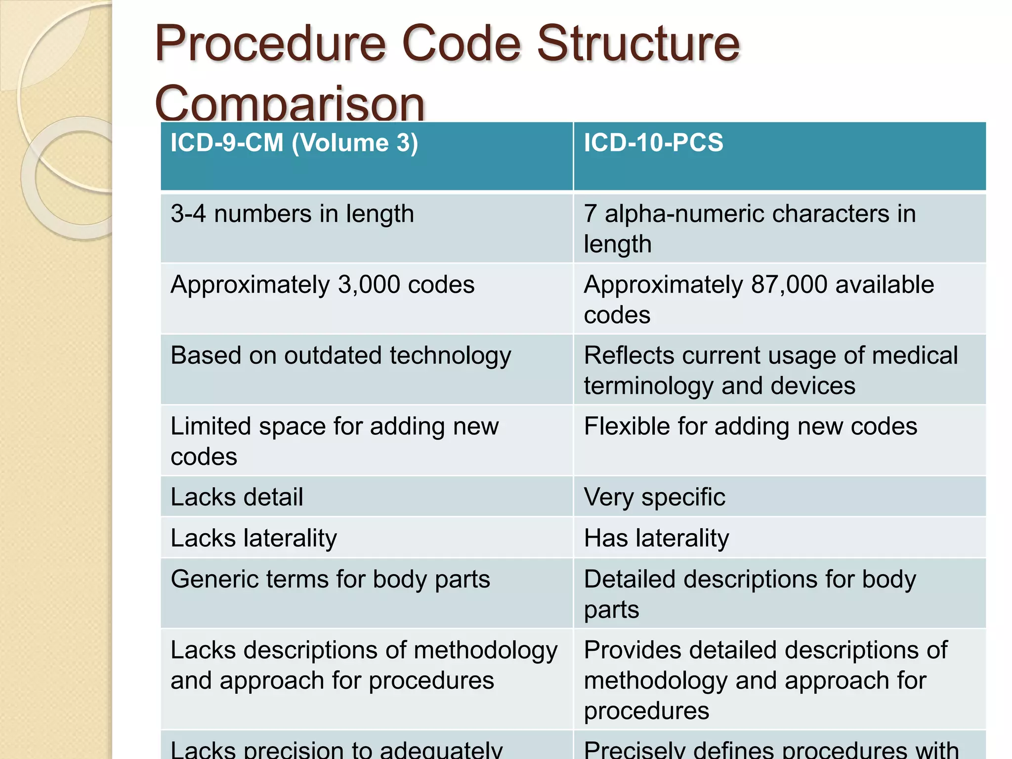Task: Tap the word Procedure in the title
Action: [x=270, y=44]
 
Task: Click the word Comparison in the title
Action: [x=290, y=105]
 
